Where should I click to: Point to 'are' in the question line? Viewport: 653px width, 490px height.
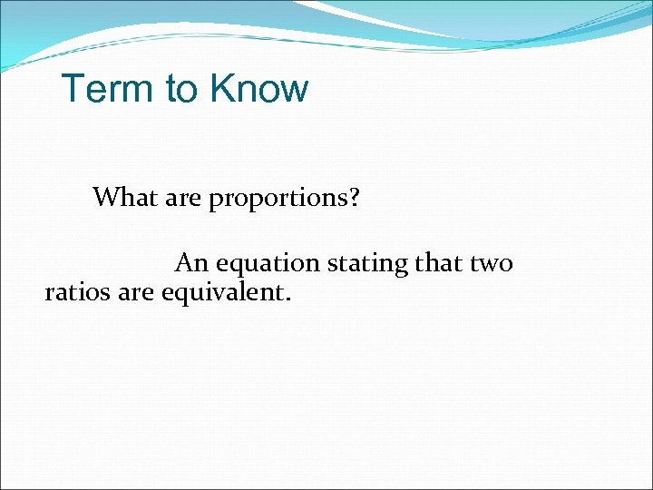coord(180,197)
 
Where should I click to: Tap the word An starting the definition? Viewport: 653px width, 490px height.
coord(190,263)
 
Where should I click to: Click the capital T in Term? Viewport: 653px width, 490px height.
coord(72,89)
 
